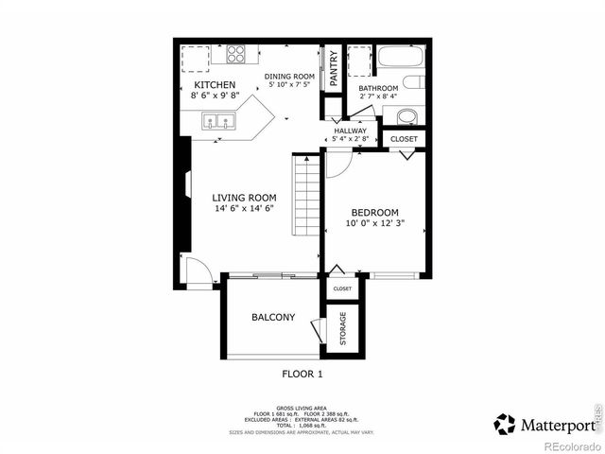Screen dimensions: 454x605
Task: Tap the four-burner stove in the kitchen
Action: [x=235, y=54]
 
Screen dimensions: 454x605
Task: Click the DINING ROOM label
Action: [x=289, y=77]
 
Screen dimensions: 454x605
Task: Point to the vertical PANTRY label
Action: [x=334, y=67]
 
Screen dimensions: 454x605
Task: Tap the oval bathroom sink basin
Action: [x=407, y=116]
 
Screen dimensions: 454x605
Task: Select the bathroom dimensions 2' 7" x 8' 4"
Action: [x=379, y=97]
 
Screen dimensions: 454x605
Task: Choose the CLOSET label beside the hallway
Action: [x=405, y=138]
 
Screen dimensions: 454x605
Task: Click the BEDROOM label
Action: [x=375, y=212]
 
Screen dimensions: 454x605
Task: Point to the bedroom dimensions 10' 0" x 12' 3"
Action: [x=375, y=223]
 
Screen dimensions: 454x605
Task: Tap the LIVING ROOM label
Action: [x=244, y=198]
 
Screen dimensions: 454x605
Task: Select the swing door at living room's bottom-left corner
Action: [x=196, y=272]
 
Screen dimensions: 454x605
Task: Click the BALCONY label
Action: [x=273, y=317]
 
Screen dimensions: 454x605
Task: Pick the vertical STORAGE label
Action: [x=342, y=328]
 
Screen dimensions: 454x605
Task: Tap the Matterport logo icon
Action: [x=505, y=424]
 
